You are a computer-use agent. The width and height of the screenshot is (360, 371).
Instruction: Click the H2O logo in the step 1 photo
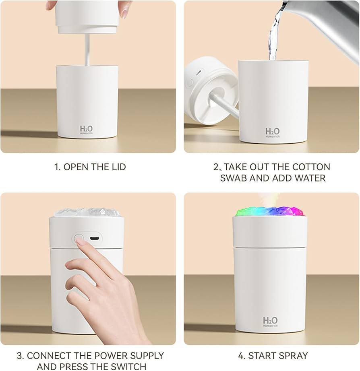point(87,130)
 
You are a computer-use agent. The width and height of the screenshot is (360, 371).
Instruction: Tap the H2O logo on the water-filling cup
point(272,132)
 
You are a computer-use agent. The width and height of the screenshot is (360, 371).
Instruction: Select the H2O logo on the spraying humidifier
point(270,322)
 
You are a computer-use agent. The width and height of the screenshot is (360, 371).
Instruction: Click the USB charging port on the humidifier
point(95,238)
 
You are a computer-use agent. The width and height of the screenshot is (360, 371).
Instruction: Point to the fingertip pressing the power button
point(80,241)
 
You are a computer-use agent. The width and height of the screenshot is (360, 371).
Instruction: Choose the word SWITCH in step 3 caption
point(128,366)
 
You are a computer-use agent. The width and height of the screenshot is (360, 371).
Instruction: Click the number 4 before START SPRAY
point(241,356)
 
